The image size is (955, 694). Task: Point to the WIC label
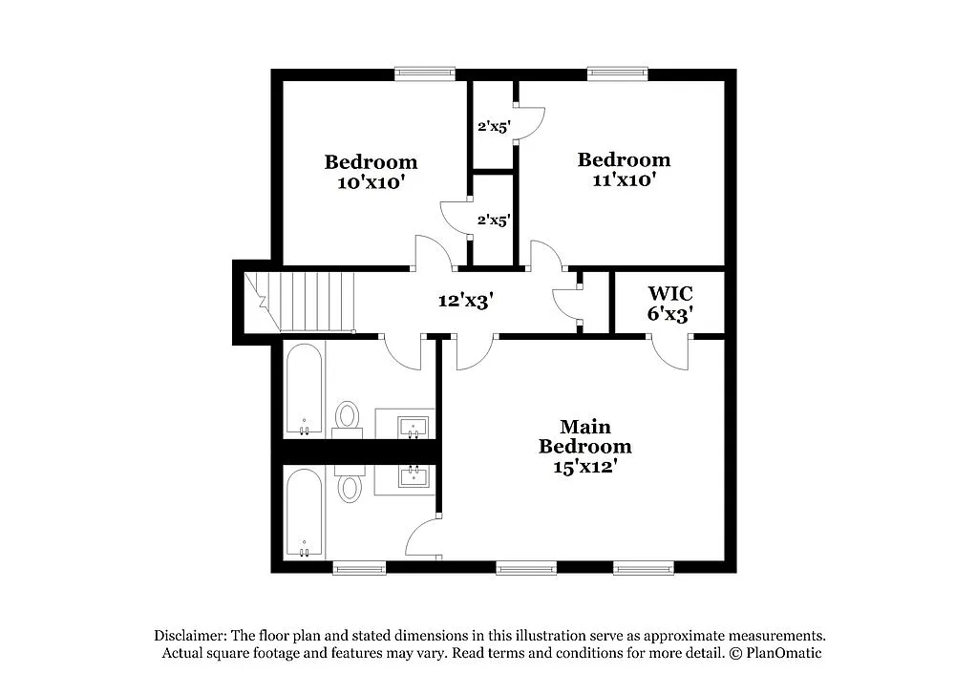point(669,292)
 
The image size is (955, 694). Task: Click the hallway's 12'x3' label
point(465,301)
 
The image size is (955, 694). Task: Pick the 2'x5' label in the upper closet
point(494,125)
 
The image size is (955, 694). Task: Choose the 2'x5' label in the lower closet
point(494,220)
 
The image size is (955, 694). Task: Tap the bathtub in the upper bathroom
point(305,389)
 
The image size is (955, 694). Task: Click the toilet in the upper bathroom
point(348,417)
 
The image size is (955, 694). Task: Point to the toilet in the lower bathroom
point(350,486)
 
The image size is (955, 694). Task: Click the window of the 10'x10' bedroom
point(425,71)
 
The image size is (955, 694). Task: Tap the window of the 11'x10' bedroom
point(616,71)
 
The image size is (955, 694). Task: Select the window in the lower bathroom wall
point(359,569)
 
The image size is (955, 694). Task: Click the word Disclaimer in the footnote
point(189,636)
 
